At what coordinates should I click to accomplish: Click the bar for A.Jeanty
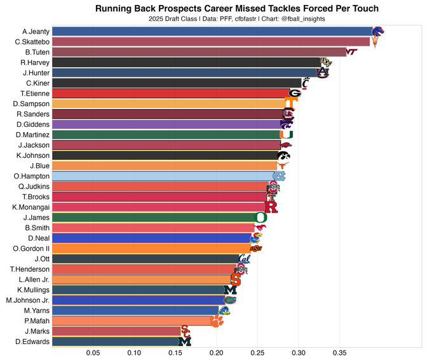(210, 31)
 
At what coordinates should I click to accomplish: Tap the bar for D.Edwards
(114, 342)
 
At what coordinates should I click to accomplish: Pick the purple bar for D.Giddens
(165, 124)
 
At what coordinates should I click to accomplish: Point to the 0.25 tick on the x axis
(258, 352)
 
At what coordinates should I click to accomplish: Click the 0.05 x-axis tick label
(93, 352)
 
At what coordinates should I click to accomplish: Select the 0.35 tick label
(340, 352)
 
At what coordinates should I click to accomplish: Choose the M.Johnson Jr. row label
(27, 300)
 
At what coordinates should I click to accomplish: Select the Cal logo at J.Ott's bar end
(245, 259)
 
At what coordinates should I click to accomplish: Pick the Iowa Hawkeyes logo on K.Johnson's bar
(283, 156)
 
